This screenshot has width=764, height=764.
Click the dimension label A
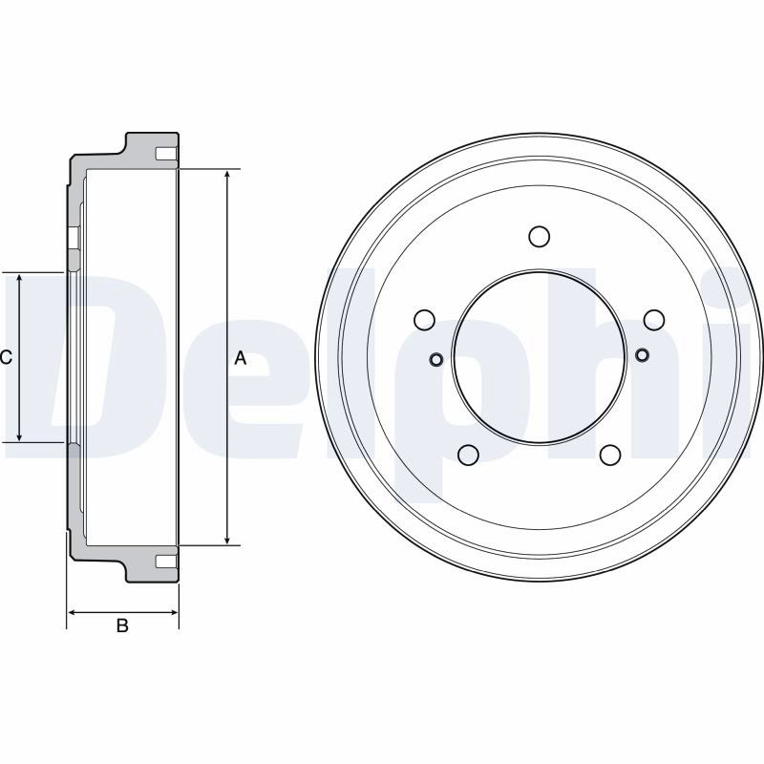(x=241, y=358)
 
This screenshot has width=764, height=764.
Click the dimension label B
(x=122, y=626)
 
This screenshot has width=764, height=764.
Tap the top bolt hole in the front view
(x=539, y=236)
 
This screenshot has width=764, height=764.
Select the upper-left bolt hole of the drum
(x=424, y=320)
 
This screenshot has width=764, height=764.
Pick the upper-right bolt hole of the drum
(x=654, y=320)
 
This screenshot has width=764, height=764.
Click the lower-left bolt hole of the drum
(x=468, y=455)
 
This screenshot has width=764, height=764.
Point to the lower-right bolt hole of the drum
(x=610, y=455)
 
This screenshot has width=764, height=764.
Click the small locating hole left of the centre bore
(x=436, y=360)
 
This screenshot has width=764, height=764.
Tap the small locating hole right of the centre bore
(x=642, y=354)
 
